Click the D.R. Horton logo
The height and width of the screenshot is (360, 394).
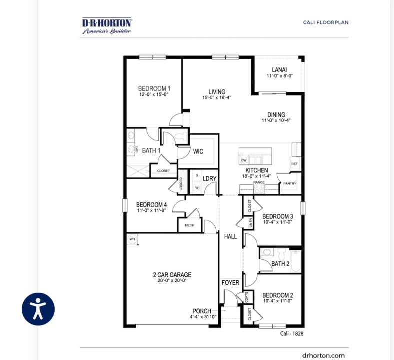[x=107, y=25]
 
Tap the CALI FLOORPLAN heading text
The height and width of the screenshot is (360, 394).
[x=325, y=22]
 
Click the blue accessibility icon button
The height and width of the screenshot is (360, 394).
[x=38, y=309]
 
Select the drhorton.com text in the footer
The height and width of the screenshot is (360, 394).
[x=323, y=355]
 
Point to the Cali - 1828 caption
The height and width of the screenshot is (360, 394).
[x=291, y=333]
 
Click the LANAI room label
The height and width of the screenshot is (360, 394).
[x=279, y=70]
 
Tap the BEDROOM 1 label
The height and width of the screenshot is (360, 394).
[x=154, y=89]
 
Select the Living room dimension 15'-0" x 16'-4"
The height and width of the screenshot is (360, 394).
[x=217, y=98]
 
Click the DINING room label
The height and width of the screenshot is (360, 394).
[x=276, y=114]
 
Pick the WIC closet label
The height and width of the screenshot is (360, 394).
[x=198, y=151]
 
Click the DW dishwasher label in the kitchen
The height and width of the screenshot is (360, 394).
[x=244, y=160]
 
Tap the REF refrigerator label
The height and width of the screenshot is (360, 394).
[x=294, y=164]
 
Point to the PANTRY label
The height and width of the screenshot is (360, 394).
[x=289, y=183]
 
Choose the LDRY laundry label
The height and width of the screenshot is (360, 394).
[x=209, y=178]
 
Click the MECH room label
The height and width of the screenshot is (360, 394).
[x=189, y=225]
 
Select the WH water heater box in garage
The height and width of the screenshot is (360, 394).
[x=132, y=239]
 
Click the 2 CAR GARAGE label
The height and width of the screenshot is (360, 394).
[x=172, y=275]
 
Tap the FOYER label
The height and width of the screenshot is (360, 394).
[x=230, y=283]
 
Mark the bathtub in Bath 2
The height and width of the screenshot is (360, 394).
[x=295, y=261]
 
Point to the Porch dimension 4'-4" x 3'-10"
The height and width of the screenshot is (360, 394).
[x=202, y=317]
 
